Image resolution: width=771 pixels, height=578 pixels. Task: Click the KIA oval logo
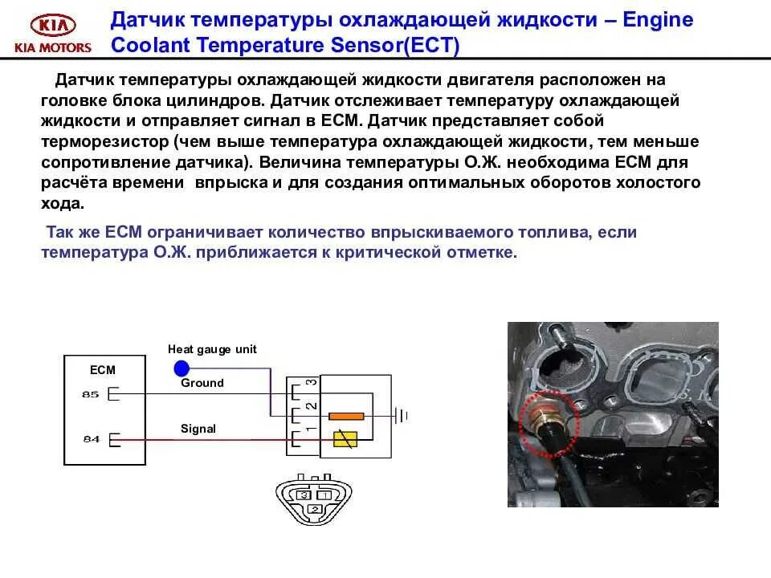point(51,25)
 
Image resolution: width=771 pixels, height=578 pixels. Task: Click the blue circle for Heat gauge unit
point(182,368)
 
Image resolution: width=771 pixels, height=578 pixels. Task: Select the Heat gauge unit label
point(212,349)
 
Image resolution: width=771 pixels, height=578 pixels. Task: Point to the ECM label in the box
point(103,370)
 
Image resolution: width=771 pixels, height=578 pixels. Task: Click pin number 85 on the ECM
point(89,394)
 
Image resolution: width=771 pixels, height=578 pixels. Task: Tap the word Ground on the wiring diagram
point(202,383)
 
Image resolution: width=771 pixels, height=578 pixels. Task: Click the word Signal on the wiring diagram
point(198,429)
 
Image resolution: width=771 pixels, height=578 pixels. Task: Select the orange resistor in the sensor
point(348,417)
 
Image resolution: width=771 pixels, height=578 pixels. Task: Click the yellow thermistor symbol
point(347,438)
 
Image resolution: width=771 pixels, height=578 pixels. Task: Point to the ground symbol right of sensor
point(402,416)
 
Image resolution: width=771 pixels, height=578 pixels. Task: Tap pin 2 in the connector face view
point(314,509)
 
